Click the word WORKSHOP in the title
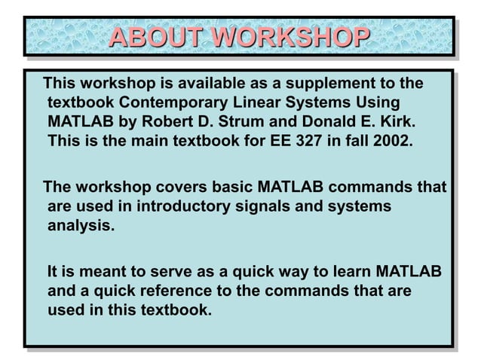click(x=290, y=37)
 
